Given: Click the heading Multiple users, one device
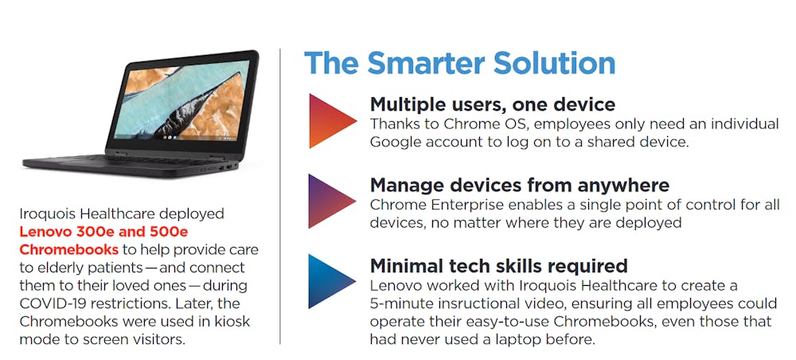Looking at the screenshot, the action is point(493,104).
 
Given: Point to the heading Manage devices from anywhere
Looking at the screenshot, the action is point(520,186).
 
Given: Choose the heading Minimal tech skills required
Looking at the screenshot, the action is point(498,265).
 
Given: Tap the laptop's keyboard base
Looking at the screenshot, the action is point(130,166).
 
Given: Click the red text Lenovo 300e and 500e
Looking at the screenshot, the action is point(103,232).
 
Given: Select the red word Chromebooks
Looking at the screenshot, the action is point(69,250).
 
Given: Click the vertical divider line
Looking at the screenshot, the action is point(279,197).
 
